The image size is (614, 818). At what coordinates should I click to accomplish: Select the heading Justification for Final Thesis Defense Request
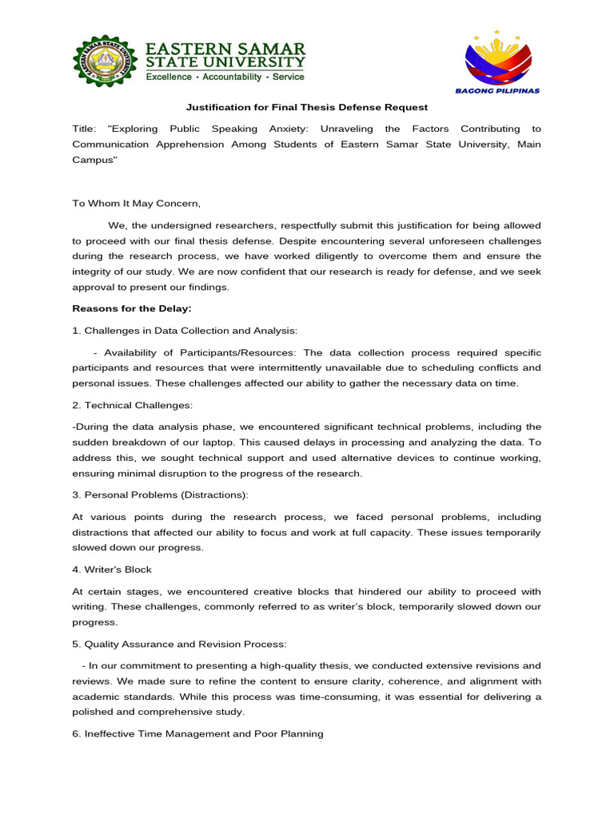coord(307,107)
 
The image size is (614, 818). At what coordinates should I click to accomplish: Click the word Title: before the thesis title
coord(84,129)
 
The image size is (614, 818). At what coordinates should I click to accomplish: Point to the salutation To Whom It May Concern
coord(137,203)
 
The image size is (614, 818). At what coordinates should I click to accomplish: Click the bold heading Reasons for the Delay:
coord(132,308)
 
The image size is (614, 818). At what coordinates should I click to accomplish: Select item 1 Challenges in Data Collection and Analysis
coord(185,330)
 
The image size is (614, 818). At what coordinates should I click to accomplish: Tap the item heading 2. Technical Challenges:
coord(132,406)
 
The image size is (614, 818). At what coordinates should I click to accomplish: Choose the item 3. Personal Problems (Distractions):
coord(161,495)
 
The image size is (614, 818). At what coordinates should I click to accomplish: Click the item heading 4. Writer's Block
coord(112,570)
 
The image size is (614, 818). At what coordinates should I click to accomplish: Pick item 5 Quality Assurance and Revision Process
coord(179,644)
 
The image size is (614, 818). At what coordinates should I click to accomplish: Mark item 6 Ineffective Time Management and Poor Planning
coord(197,733)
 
